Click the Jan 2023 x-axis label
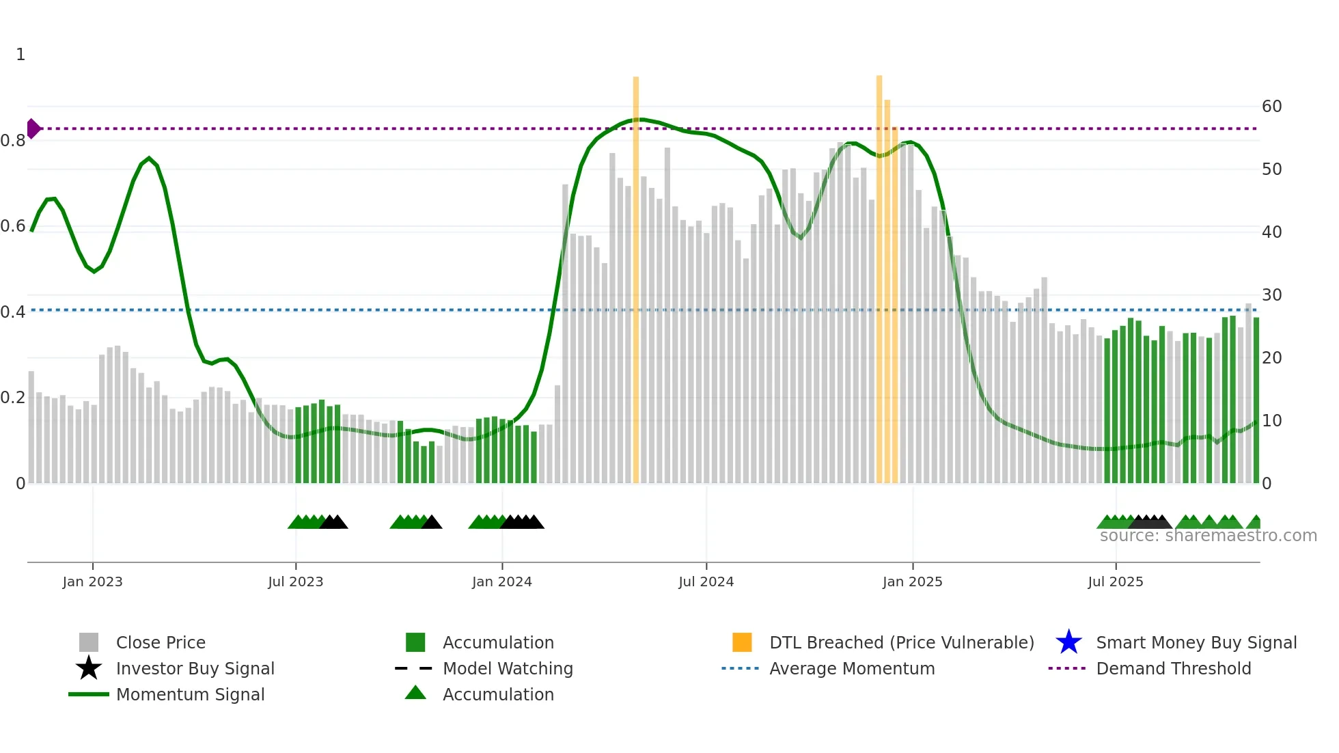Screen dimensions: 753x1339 (92, 581)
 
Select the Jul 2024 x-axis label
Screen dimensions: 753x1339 (706, 581)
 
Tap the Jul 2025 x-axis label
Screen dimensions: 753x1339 (1115, 581)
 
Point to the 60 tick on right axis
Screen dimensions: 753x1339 (1271, 107)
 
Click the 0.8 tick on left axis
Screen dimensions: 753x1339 (13, 141)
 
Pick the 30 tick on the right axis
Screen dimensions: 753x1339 (1271, 295)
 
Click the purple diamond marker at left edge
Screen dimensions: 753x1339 (33, 128)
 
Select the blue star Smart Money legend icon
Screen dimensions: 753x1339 (1068, 642)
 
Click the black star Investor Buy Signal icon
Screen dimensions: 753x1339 (89, 668)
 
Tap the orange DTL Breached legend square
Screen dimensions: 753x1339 (742, 642)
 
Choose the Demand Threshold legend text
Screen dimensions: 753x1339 (1173, 668)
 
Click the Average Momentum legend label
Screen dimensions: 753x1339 (852, 668)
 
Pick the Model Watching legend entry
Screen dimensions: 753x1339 (508, 668)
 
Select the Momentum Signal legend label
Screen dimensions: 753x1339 (190, 694)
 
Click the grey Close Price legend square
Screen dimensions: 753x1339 (89, 642)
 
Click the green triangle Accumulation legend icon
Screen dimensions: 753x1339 (415, 693)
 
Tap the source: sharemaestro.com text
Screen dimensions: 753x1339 (1208, 536)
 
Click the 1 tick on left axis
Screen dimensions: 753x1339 (20, 55)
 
